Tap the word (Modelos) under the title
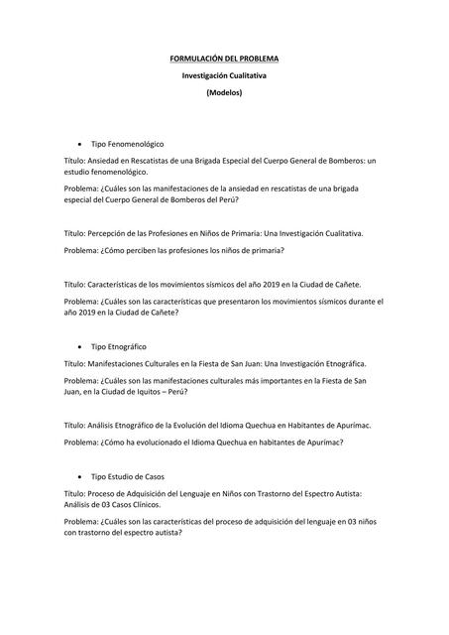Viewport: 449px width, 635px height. [223, 92]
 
